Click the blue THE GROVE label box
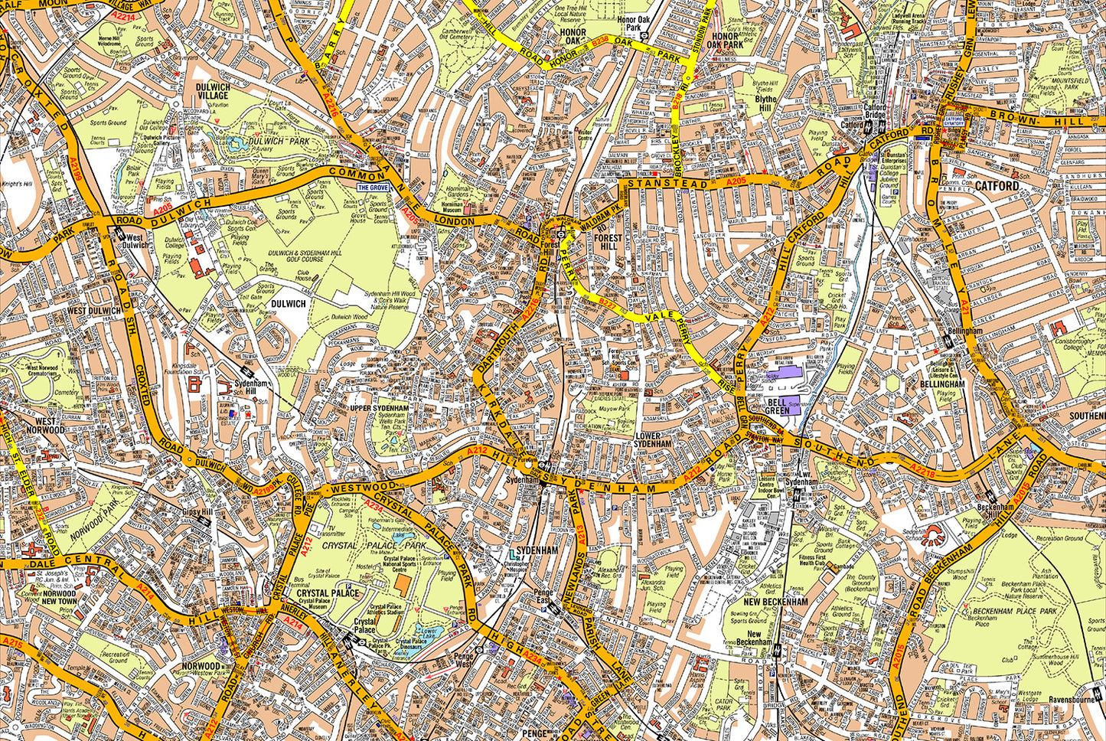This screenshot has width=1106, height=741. (374, 187)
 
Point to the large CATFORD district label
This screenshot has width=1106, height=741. (997, 186)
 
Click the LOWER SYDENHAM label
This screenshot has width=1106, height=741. (653, 439)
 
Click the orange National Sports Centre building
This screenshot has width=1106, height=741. (402, 588)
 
